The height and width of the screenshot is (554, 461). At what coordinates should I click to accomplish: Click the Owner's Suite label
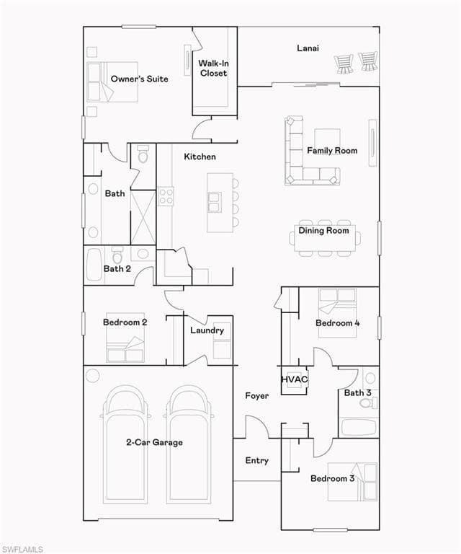(139, 79)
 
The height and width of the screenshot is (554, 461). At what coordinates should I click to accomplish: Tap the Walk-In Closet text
(213, 68)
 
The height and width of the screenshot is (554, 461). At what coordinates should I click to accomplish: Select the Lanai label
(308, 48)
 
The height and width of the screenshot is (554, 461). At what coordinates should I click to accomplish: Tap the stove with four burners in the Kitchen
(166, 195)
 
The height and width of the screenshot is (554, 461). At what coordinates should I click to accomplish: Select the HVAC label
(294, 379)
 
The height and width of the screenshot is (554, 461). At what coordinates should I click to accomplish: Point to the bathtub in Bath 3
(358, 426)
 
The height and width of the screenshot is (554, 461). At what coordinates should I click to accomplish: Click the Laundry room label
(207, 330)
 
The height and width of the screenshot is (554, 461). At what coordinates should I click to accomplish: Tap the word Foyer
(257, 396)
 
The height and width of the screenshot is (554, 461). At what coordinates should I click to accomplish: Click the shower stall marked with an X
(143, 216)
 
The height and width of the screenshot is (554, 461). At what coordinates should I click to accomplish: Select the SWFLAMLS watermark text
(22, 549)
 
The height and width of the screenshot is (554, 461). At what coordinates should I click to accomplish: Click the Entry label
(257, 460)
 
